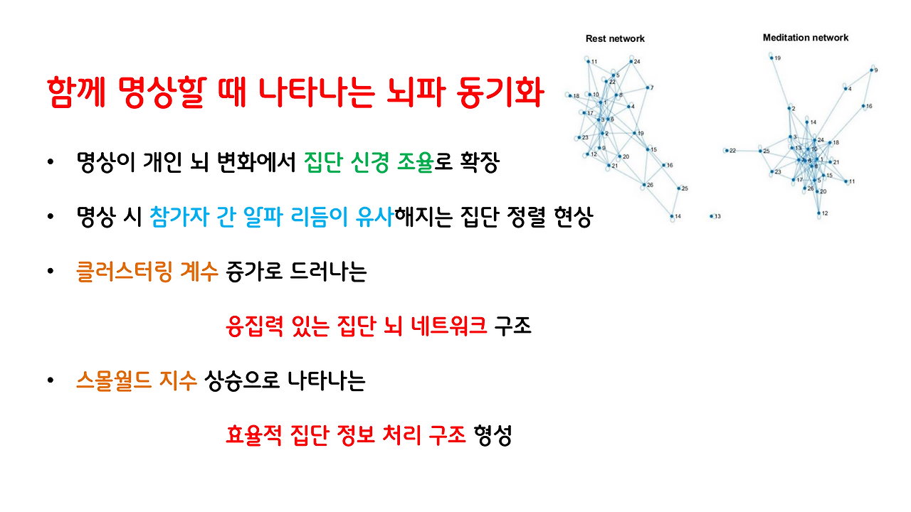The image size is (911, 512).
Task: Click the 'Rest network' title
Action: tap(614, 38)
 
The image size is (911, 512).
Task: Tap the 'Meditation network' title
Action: tap(806, 38)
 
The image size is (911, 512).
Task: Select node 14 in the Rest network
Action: tap(671, 215)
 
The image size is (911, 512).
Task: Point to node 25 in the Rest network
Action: tap(677, 188)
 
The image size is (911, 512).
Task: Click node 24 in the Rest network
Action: tap(631, 62)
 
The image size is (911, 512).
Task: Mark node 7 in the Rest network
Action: tap(647, 88)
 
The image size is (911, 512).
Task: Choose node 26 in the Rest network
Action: tap(643, 185)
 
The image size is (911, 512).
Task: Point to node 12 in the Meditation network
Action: tap(818, 213)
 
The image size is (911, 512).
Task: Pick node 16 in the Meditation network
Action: tap(863, 106)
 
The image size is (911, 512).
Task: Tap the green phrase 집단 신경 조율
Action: tap(368, 163)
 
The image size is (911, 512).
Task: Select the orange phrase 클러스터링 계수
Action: tap(147, 271)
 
